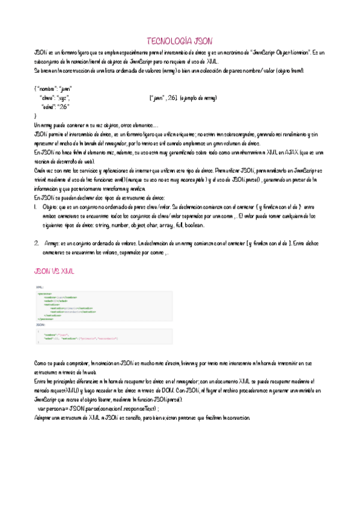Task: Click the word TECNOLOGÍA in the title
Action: point(169,41)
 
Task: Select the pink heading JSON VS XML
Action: point(54,271)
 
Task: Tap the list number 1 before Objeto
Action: point(35,206)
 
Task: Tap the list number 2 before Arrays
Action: point(36,244)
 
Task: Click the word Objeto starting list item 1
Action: point(50,206)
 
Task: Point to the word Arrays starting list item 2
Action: point(51,244)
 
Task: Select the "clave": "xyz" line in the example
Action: point(54,97)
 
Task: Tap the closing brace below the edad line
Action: point(35,114)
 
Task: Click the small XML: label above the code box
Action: point(40,288)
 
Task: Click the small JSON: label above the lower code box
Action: point(40,324)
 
